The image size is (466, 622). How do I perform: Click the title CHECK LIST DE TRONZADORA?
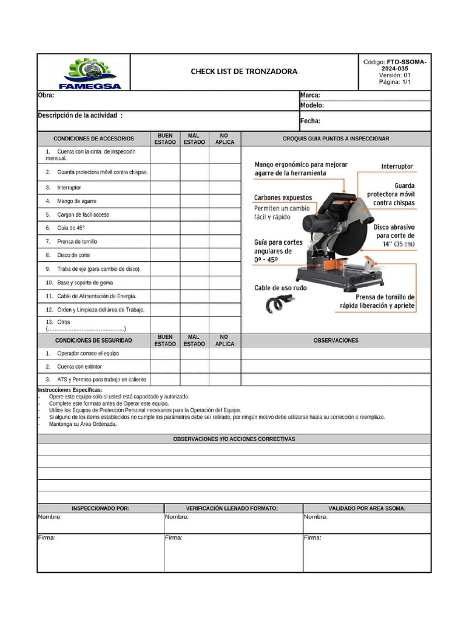point(244,72)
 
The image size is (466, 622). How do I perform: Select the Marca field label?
point(310,95)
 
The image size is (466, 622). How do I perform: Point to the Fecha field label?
point(310,121)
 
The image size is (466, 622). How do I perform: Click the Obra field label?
point(46,95)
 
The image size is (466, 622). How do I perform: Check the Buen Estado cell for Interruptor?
point(165,188)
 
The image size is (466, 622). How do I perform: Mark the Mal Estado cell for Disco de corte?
point(194,255)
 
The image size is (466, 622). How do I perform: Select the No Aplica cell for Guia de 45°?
point(225,228)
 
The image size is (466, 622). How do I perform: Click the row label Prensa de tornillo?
point(77,242)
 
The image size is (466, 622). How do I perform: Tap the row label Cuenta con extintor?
point(79,367)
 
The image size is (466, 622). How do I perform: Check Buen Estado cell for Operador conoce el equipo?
point(165,354)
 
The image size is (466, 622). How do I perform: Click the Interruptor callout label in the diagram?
point(397,166)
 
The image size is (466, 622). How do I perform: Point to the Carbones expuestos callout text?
point(283,197)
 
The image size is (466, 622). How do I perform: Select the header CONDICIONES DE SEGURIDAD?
point(93,341)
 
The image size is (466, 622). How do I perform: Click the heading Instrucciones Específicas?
point(70,390)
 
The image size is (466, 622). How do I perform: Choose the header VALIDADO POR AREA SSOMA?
point(367,508)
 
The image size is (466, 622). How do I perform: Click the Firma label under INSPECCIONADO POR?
point(47,538)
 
